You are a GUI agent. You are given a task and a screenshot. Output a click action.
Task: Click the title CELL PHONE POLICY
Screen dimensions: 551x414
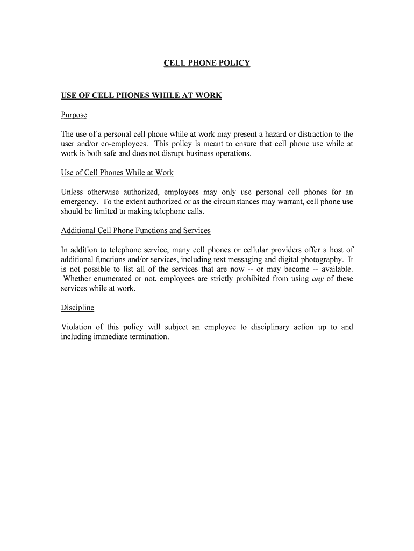click(207, 63)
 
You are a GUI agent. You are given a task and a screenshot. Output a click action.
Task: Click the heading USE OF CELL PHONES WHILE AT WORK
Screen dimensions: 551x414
click(141, 95)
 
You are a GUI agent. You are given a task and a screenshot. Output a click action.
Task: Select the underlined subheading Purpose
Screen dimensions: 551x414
click(74, 115)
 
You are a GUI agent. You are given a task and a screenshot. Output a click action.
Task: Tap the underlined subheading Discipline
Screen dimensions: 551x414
click(77, 307)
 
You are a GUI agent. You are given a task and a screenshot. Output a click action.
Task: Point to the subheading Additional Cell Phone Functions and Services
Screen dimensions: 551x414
click(135, 230)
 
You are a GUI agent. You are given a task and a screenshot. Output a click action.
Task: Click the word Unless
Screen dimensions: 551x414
click(73, 192)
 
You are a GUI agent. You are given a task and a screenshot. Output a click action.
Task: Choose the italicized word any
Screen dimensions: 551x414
click(318, 279)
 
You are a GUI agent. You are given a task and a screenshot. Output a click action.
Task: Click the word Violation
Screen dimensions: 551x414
click(76, 327)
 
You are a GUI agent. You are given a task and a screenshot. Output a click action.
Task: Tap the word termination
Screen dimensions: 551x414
click(149, 337)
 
